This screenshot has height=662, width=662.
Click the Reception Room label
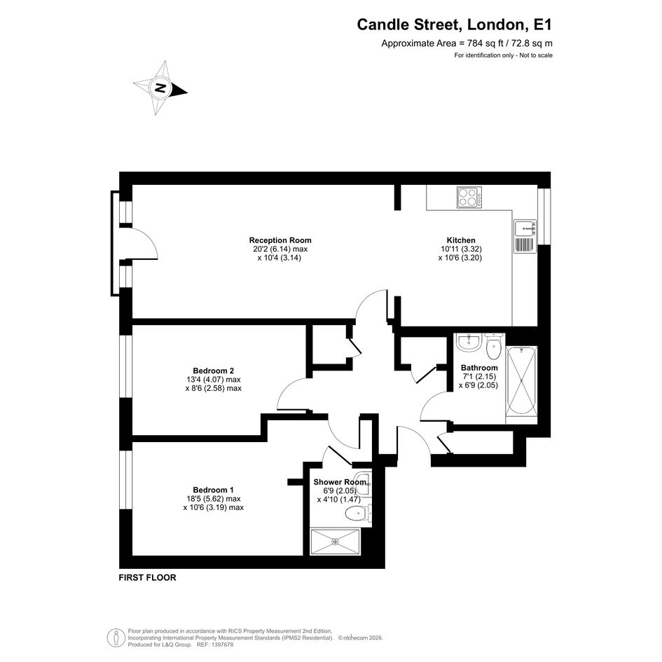280,240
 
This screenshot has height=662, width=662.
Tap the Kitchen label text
461,240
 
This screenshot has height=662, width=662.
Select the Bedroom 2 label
213,371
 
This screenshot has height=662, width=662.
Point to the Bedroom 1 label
213,490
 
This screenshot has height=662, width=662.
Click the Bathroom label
479,368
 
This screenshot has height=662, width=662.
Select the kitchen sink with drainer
525,237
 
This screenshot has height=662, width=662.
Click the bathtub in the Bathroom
522,381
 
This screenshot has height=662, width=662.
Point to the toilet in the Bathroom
493,347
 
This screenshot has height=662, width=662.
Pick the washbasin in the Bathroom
469,343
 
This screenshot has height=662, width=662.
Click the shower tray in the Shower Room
336,542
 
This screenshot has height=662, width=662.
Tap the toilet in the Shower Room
358,513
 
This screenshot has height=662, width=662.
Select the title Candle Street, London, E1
454,25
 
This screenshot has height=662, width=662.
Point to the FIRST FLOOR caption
147,577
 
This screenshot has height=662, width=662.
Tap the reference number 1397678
221,644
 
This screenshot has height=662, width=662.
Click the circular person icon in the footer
116,638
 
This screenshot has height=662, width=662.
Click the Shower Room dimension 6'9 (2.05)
335,491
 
